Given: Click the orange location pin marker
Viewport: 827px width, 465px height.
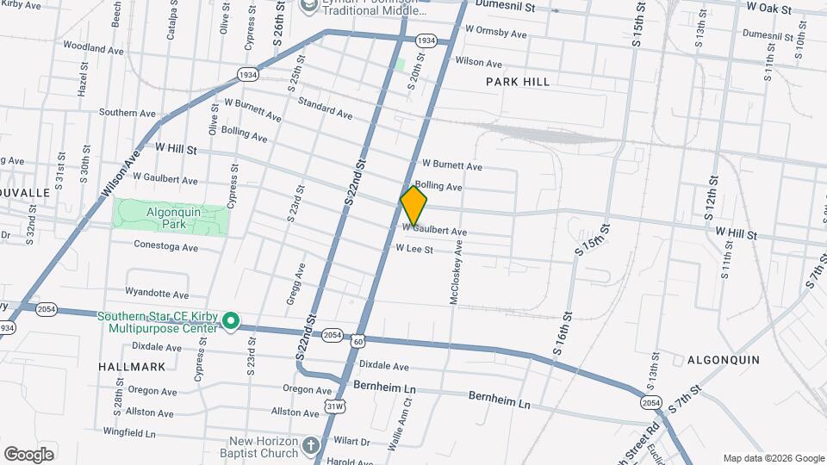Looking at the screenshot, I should [413, 206].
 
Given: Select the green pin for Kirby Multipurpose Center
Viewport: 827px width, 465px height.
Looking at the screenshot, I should [230, 321].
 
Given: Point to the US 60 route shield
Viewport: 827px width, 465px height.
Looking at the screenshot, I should [357, 342].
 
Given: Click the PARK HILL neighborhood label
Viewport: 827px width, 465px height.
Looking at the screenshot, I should [517, 82].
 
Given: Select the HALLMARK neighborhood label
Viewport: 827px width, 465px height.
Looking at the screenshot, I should [120, 366].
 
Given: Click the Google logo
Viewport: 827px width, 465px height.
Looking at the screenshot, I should [28, 454].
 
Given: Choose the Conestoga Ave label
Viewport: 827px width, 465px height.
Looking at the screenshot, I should [166, 247].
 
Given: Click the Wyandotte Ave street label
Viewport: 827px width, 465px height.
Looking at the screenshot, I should [157, 294].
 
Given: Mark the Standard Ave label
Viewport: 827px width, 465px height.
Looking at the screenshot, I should [325, 108].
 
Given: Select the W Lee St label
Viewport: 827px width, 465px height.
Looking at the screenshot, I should [413, 249].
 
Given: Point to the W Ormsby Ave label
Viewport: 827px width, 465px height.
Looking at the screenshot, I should [495, 33].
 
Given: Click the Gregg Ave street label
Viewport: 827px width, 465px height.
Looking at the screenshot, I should [291, 283].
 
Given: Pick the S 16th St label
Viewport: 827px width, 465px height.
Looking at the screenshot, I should [562, 334].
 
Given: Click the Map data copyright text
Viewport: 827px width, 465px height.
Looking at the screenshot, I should [773, 458].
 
